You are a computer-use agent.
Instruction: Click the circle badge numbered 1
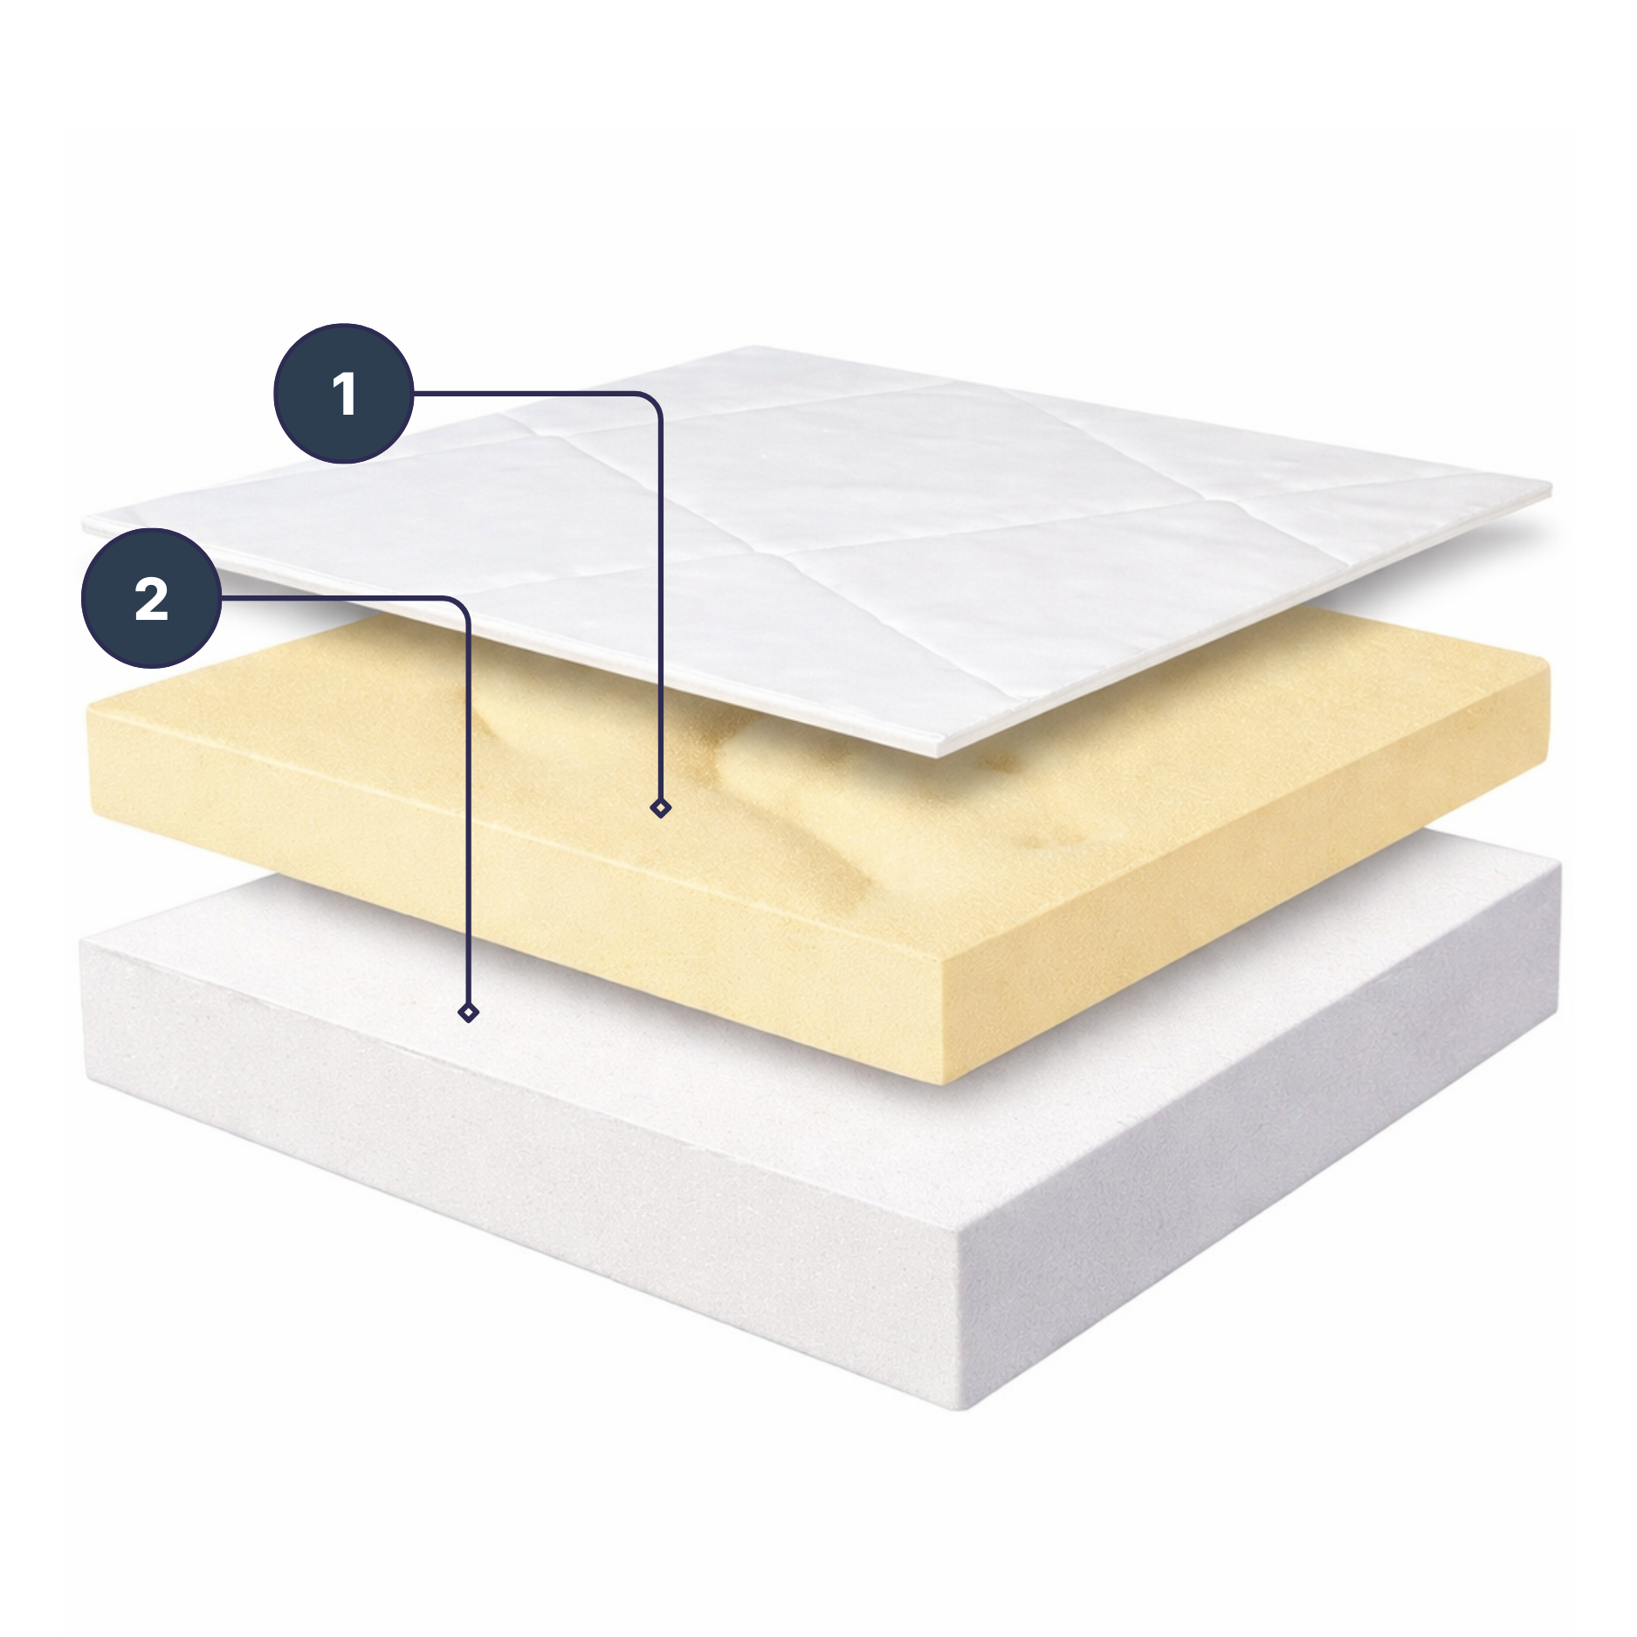pyautogui.click(x=343, y=393)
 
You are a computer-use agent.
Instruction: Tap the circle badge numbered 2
pyautogui.click(x=151, y=598)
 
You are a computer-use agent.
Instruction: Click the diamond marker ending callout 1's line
pyautogui.click(x=661, y=808)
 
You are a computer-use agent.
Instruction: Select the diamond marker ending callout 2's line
pyautogui.click(x=468, y=1013)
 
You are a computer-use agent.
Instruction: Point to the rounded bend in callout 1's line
pyautogui.click(x=651, y=402)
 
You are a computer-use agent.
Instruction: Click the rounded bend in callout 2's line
pyautogui.click(x=459, y=607)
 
